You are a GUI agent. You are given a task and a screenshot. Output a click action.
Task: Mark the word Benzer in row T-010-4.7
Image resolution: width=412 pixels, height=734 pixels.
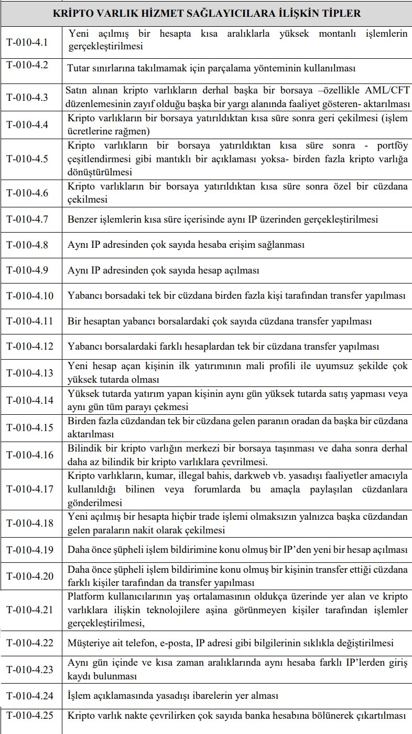point(81,219)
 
